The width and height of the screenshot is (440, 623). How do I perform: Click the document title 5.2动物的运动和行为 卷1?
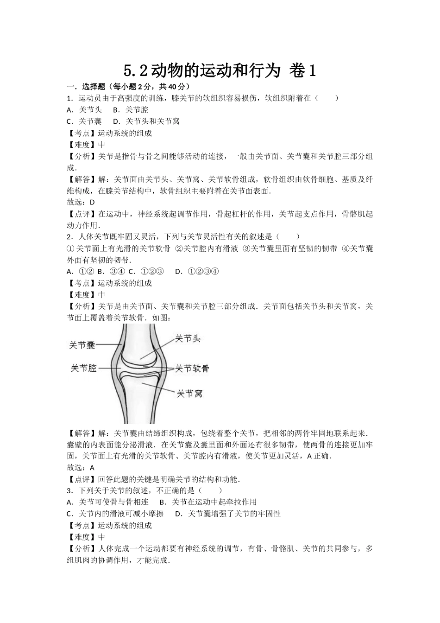point(220,70)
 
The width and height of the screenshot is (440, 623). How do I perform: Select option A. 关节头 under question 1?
point(84,110)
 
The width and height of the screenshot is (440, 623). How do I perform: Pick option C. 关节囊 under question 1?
point(84,121)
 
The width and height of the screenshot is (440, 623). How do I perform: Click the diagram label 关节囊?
point(82,345)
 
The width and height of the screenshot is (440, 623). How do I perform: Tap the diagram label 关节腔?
point(83,368)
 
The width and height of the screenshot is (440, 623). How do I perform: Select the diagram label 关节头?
point(188,339)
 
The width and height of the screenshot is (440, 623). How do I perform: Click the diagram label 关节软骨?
point(192,369)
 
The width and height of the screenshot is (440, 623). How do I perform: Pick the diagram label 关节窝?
point(189,394)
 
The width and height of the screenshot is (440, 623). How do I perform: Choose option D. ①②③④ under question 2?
point(197,272)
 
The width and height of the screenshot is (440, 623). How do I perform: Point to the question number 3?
point(69,490)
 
